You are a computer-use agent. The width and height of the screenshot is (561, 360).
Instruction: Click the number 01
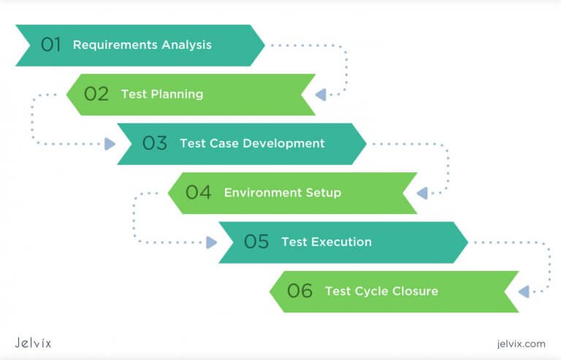coord(50,45)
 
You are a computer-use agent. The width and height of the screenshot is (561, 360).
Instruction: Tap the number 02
coord(96,94)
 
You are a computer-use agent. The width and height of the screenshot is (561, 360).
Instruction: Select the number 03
coord(155,143)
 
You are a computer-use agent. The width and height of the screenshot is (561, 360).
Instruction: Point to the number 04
coord(199,193)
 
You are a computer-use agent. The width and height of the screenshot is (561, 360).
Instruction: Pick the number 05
coord(256,242)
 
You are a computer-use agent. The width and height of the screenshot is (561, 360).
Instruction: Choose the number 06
coord(300,291)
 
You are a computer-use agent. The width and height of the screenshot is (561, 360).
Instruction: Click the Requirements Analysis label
coord(142,45)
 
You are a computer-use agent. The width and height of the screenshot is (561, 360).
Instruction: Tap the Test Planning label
coord(161,94)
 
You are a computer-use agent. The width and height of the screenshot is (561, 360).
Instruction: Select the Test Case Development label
coord(252,143)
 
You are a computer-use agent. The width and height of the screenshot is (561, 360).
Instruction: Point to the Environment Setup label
coord(282,193)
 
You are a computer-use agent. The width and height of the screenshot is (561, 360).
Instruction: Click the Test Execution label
coord(326,242)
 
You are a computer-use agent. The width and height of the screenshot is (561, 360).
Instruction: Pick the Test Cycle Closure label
coord(381,291)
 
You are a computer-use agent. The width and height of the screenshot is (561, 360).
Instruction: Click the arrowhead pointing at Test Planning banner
coord(320,94)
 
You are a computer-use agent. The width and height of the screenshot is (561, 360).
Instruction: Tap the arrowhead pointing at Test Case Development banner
coord(110,144)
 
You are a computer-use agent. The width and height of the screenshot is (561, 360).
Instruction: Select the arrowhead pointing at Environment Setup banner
coord(421,193)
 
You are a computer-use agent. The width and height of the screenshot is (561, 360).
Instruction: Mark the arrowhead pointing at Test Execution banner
coord(212,242)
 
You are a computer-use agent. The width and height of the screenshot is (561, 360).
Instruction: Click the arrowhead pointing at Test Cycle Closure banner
coord(523,291)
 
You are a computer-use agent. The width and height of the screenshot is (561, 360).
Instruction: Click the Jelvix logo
coord(34,342)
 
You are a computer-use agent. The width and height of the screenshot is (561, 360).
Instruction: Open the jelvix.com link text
coord(519,343)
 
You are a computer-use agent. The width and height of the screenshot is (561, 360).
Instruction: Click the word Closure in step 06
coord(416,291)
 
